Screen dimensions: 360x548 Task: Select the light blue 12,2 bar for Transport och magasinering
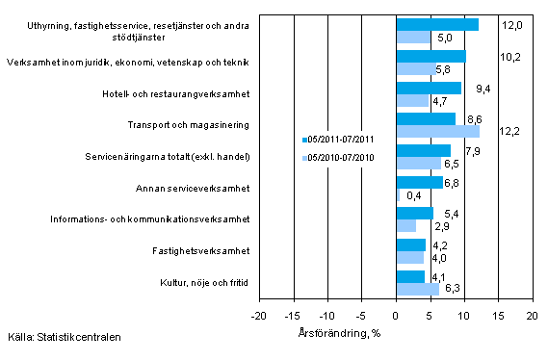pos(437,131)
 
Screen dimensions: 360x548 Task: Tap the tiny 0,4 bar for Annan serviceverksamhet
pos(398,194)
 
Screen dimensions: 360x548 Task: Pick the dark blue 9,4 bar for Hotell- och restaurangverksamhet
pos(428,88)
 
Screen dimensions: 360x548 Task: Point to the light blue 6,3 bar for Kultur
pos(417,289)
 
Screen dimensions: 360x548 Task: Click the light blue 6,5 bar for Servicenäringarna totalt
pos(418,163)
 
